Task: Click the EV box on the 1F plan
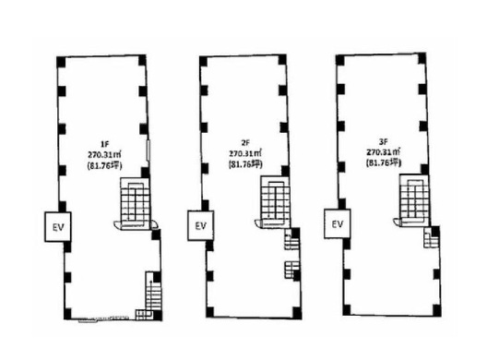pos(57,227)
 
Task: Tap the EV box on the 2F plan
pos(200,225)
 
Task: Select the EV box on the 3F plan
pos(338,223)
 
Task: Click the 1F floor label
pos(105,144)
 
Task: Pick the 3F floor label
pos(383,141)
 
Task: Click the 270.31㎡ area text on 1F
pos(105,155)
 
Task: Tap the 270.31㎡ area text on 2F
pos(245,153)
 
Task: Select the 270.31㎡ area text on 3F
pos(384,152)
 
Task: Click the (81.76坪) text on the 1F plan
pos(105,165)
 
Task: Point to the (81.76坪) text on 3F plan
pos(383,162)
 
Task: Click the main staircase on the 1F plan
pos(135,202)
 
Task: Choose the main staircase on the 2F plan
pos(276,201)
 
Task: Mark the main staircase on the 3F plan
pos(414,199)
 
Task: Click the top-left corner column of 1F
pos(61,62)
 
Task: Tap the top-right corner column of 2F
pos(282,60)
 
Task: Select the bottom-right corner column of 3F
pos(437,309)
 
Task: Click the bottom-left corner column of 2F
pos(209,312)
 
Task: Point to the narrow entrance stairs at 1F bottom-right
pos(153,292)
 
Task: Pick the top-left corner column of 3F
pos(340,60)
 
